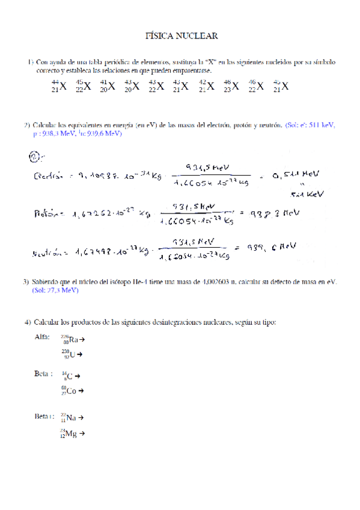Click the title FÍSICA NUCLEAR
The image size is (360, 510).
pos(182,37)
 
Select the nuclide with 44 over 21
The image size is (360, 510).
pos(59,86)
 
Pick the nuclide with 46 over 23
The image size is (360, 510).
pos(231,86)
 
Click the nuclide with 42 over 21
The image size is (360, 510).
pos(207,86)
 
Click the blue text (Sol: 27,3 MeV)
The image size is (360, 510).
pos(55,290)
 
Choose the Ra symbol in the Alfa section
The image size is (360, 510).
pos(73,340)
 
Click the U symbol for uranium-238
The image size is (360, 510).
pos(72,354)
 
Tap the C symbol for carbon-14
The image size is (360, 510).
pos(70,376)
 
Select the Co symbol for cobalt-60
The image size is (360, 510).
pos(73,391)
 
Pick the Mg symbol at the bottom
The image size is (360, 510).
pos(72,433)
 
